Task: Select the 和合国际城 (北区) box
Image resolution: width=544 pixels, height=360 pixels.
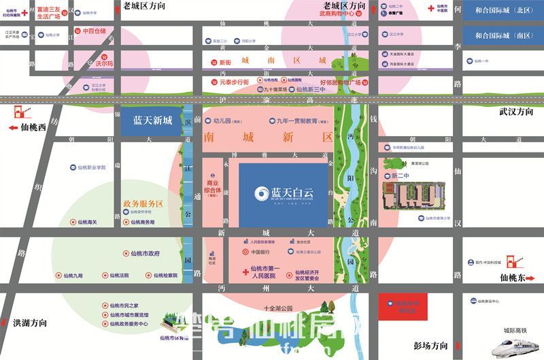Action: tap(503, 11)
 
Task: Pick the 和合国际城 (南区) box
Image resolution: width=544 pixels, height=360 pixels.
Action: tap(503, 36)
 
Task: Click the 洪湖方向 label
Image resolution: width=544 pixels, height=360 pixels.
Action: tap(30, 323)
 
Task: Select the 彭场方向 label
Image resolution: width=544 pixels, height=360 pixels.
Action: tap(432, 344)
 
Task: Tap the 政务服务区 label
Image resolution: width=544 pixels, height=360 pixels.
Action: tap(143, 203)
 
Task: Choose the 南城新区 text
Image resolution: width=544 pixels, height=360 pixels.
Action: tap(269, 137)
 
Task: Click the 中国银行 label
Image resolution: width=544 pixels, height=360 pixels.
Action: tap(262, 252)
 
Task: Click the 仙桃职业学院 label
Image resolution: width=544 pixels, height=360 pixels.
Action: tap(88, 167)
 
